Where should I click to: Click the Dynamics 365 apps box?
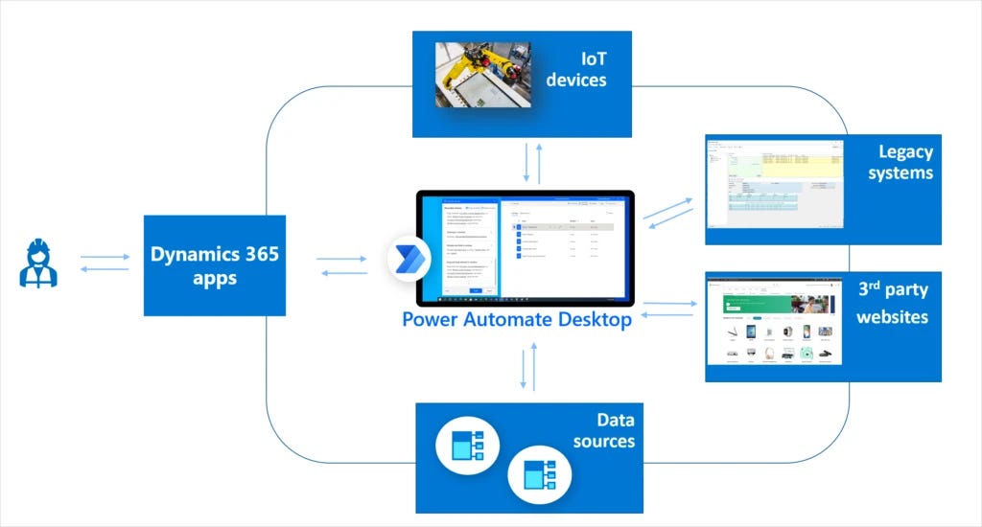[x=215, y=265]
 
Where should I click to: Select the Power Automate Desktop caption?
[x=517, y=319]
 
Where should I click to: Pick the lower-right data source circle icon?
[x=539, y=474]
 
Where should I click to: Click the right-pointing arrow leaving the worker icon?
[x=105, y=257]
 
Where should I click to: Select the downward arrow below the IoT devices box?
[x=526, y=162]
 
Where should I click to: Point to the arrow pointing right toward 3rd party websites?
[x=670, y=304]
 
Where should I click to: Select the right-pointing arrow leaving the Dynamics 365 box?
[x=341, y=258]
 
